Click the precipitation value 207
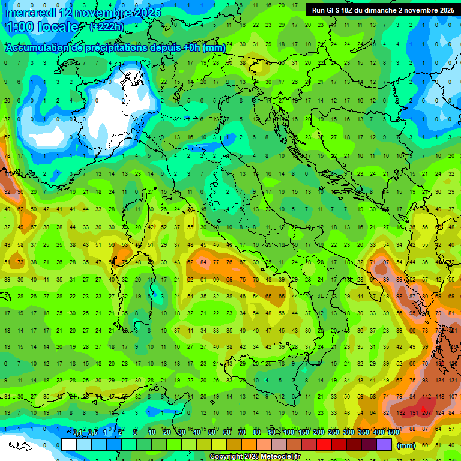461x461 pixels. (426, 413)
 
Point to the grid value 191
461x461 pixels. (413, 413)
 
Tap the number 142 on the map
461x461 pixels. (426, 397)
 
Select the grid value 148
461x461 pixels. (441, 397)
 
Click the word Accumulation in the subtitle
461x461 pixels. (38, 47)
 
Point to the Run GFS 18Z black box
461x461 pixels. (382, 10)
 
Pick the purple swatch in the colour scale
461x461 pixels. (384, 444)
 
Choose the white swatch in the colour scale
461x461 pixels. (69, 444)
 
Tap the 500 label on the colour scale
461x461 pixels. (393, 433)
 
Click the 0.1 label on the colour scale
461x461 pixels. (77, 433)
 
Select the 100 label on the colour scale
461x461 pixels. (288, 433)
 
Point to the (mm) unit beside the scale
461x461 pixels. (406, 445)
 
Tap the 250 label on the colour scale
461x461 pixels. (333, 433)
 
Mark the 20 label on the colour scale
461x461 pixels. (166, 433)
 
